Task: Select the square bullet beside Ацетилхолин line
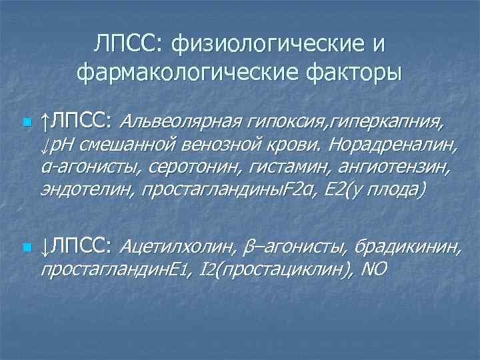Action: [x=26, y=248]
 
